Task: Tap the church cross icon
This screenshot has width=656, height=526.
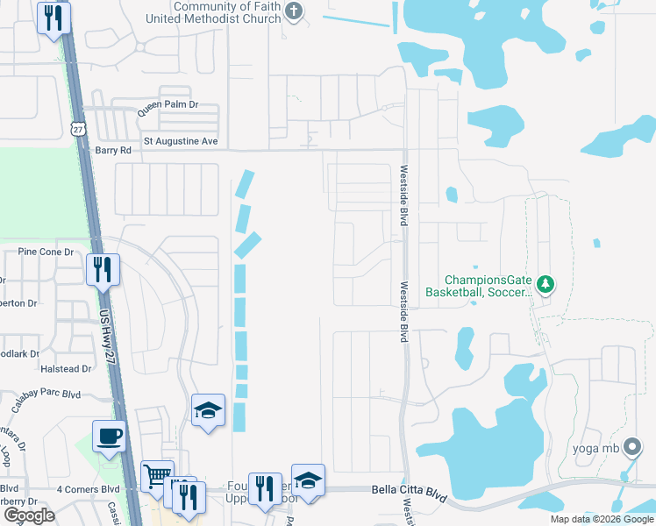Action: click(x=294, y=11)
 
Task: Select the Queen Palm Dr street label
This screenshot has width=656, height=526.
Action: click(x=167, y=104)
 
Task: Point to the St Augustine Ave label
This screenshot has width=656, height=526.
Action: click(x=180, y=141)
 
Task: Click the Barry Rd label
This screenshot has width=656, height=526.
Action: click(x=112, y=151)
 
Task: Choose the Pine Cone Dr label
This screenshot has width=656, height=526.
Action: click(x=46, y=252)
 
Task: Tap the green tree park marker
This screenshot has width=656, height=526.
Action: click(x=545, y=284)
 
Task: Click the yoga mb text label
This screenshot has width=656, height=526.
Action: click(x=595, y=449)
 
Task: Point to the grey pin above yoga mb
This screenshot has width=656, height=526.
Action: click(x=630, y=446)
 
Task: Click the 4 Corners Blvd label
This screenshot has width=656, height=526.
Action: click(x=87, y=488)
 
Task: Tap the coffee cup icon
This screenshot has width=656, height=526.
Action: click(x=109, y=436)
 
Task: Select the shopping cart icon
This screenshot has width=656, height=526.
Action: click(x=158, y=476)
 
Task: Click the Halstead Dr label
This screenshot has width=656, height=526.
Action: click(x=61, y=369)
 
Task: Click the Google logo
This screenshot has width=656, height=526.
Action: click(x=28, y=516)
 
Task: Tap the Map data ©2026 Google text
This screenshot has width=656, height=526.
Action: click(x=601, y=519)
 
